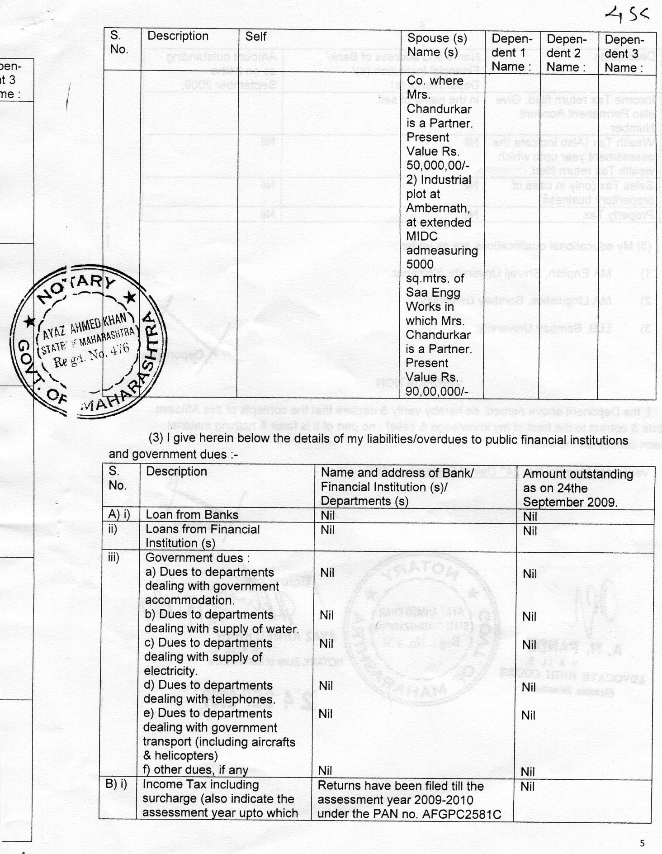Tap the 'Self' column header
click(256, 37)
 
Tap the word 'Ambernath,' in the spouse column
click(438, 208)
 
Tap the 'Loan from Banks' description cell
click(192, 515)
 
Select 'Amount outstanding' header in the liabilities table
click(578, 474)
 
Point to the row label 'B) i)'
click(116, 784)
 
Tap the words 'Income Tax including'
click(201, 785)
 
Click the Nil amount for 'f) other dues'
click(528, 772)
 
